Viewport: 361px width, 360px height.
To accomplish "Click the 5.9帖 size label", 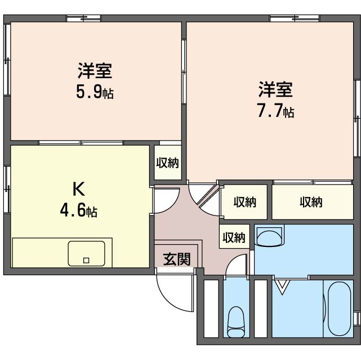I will coord(95,92).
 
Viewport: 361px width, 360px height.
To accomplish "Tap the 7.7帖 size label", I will coord(275,110).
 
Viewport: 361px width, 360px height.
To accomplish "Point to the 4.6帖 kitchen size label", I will coord(78,211).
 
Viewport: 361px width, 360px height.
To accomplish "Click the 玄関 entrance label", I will coord(177,259).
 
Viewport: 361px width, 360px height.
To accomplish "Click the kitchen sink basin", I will coord(87,253).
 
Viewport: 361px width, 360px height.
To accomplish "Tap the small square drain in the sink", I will coord(86,260).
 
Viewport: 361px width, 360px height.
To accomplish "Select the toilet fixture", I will coord(235,322).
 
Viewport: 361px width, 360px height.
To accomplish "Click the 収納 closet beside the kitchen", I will coord(167,163).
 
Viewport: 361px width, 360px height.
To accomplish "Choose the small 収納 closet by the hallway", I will coord(233,237).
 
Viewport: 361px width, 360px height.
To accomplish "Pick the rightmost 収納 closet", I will coord(311,201).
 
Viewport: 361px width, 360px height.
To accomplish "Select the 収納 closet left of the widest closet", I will coord(244,201).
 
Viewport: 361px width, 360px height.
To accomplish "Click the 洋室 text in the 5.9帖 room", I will coord(95,71).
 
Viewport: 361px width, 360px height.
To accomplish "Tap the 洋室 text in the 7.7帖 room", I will coord(275,89).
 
